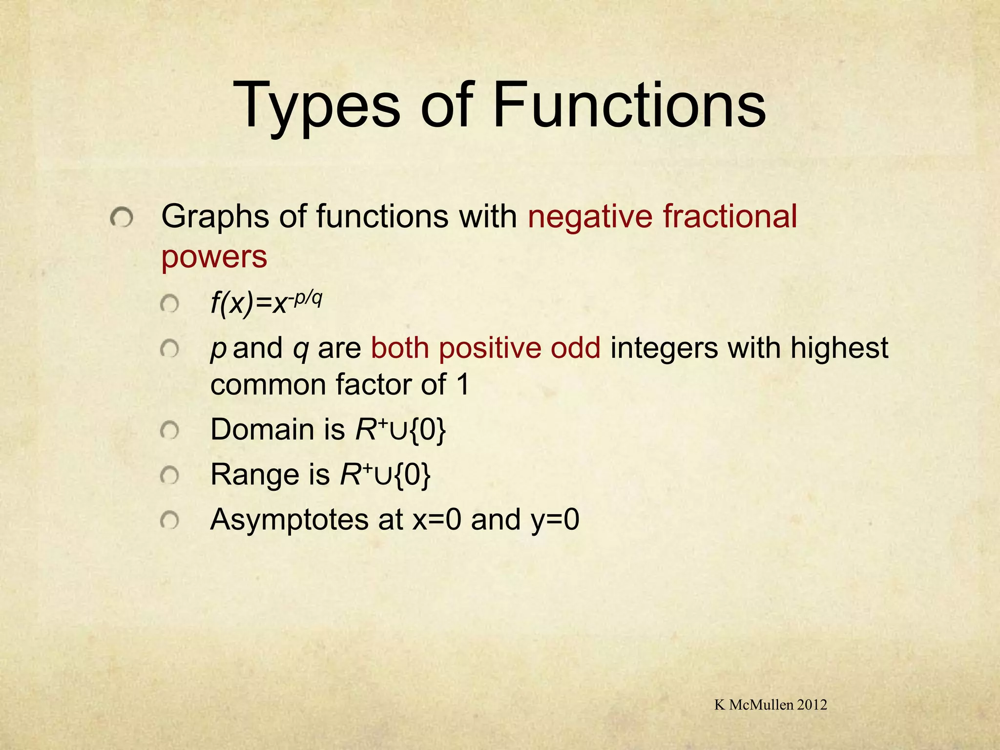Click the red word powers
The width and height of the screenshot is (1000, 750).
click(214, 257)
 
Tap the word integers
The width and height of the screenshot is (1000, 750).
click(664, 349)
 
